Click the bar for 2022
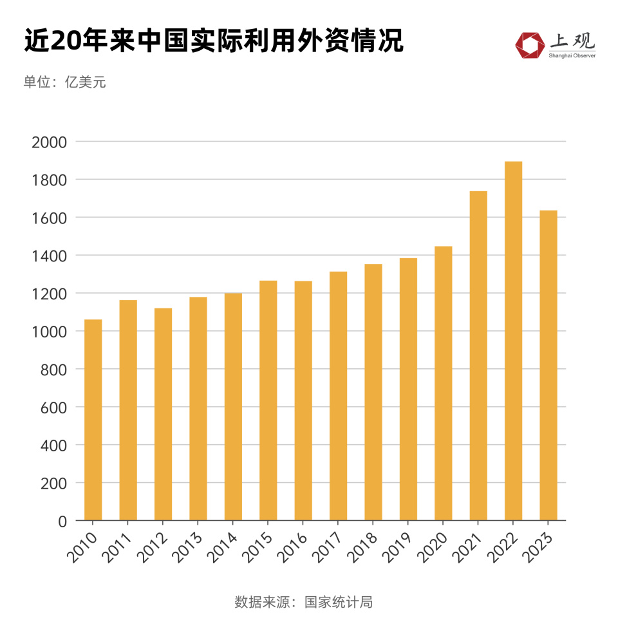513,341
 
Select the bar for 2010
93,420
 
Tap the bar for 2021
478,355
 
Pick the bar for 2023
548,365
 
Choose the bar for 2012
163,414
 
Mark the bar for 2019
408,389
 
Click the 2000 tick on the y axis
49,142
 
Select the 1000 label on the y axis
49,332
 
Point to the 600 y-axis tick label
53,408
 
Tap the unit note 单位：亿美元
65,82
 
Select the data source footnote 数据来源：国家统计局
304,603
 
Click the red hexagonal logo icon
529,44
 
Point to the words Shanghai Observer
572,56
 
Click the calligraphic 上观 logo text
572,41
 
